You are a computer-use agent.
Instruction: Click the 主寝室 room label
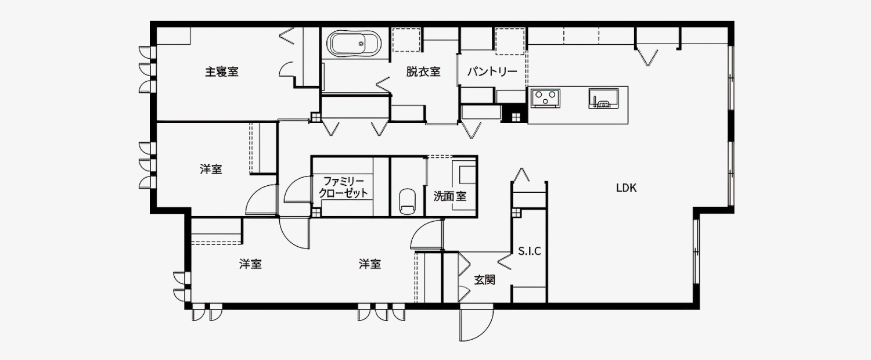[x=222, y=72]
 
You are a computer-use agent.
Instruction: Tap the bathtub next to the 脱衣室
[x=354, y=44]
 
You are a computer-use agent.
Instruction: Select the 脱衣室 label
[x=423, y=72]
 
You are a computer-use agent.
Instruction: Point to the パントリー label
[x=492, y=72]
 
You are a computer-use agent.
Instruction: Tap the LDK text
[x=627, y=188]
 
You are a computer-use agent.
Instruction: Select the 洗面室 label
[x=450, y=196]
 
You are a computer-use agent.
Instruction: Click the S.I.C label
[x=529, y=251]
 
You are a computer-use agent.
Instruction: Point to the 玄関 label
[x=485, y=280]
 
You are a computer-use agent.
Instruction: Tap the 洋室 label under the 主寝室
[x=211, y=170]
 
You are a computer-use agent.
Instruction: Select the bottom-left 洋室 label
[x=250, y=264]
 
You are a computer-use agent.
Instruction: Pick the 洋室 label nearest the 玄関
[x=370, y=264]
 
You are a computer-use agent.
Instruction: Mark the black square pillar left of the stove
[x=514, y=115]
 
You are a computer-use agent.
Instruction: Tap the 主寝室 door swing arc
[x=287, y=70]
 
